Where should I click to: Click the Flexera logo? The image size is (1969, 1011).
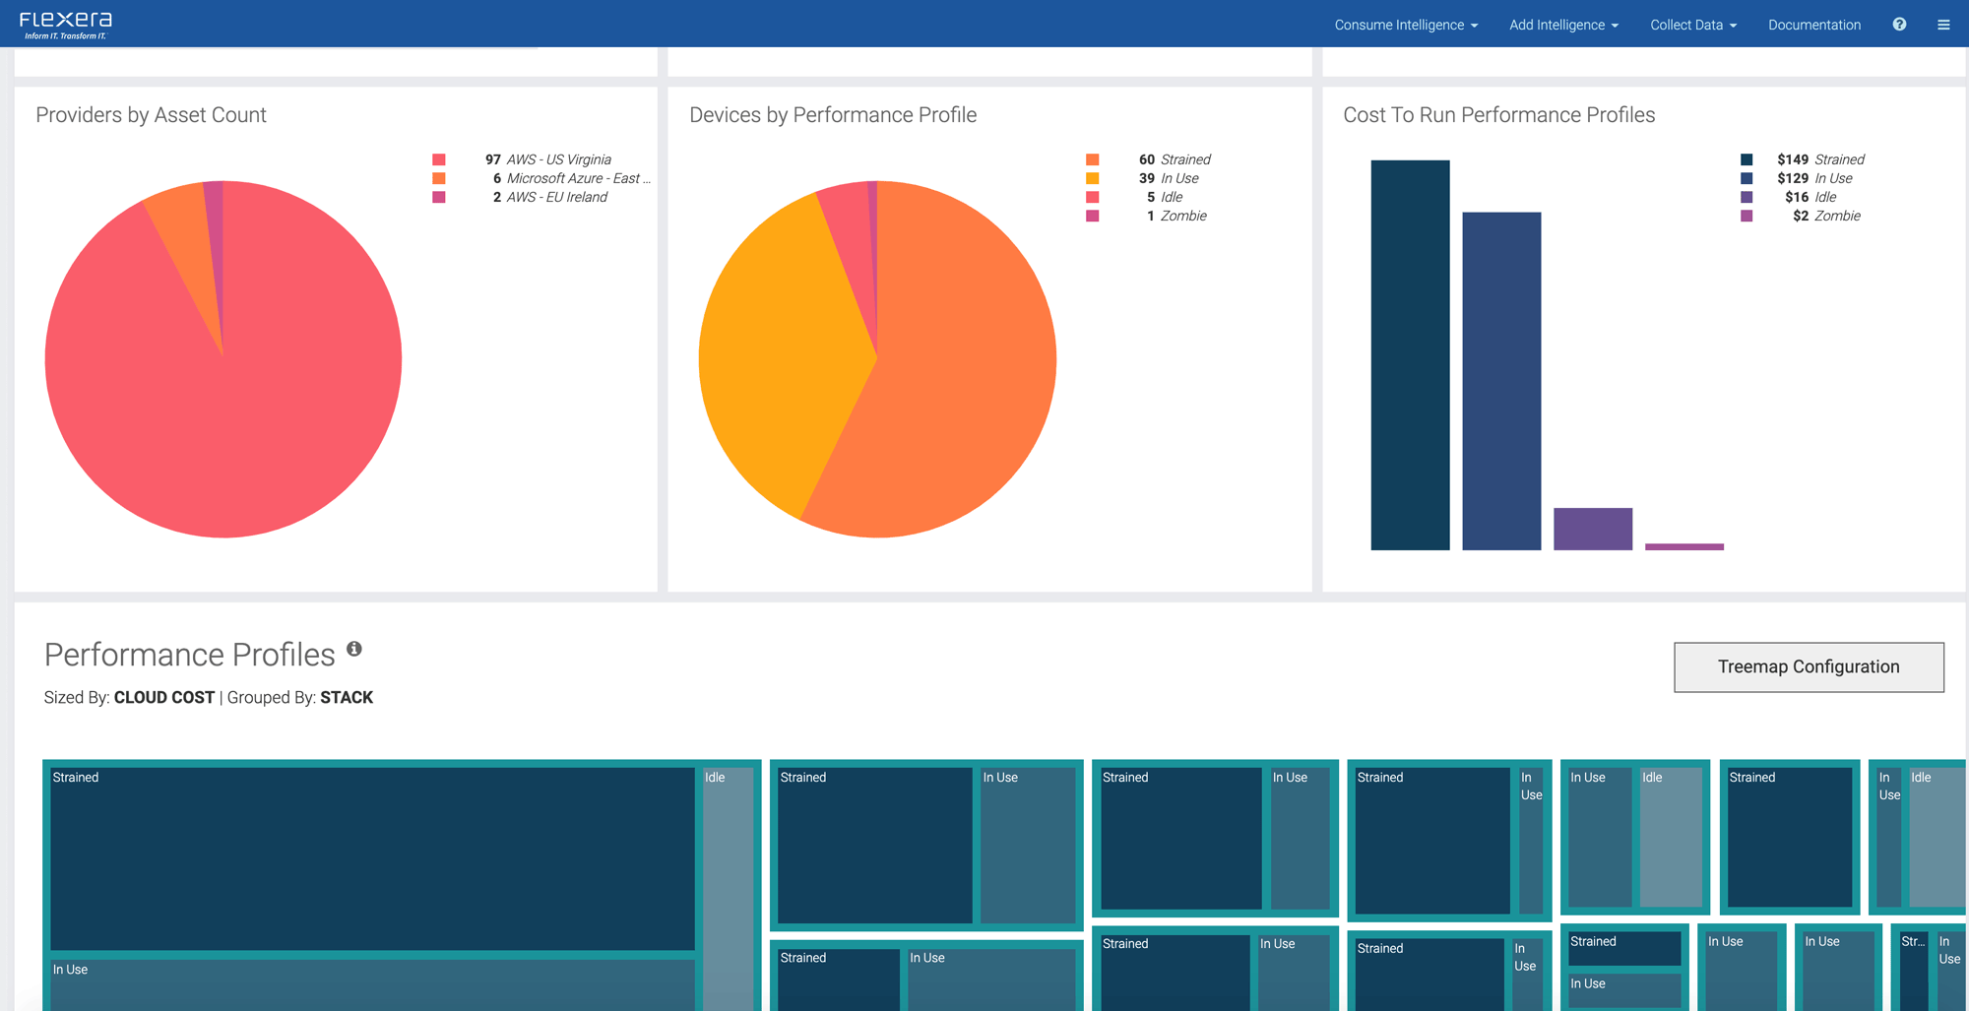[66, 25]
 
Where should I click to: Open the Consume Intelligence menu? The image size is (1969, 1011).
[1405, 25]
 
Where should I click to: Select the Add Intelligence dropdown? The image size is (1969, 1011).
[1562, 25]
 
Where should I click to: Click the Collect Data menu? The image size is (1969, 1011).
[1692, 25]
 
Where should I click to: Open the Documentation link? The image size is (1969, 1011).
[1813, 25]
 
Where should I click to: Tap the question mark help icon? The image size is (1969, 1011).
[1899, 25]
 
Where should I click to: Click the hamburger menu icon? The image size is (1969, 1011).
[1943, 25]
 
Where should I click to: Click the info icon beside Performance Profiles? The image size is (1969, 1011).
[354, 649]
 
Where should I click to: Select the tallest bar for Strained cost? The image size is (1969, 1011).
[1410, 354]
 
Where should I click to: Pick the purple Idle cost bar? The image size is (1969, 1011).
[1592, 529]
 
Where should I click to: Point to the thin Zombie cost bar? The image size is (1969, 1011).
[1683, 546]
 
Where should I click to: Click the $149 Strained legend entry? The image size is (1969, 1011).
[1819, 159]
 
